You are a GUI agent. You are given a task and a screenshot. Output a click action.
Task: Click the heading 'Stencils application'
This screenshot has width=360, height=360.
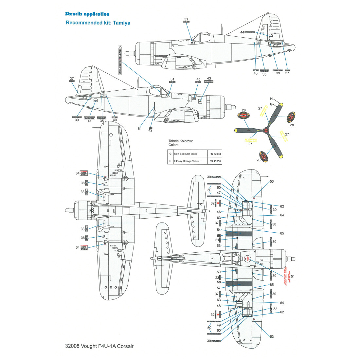(x=87, y=14)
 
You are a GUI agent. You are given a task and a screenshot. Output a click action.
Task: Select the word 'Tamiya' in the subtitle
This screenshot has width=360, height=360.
(x=122, y=23)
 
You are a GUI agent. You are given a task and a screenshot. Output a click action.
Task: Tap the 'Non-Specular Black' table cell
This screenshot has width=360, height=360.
(x=186, y=154)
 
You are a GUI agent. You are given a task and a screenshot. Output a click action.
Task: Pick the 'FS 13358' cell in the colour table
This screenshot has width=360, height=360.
(x=215, y=161)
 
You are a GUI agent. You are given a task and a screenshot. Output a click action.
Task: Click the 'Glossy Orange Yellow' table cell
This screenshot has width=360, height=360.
(x=187, y=161)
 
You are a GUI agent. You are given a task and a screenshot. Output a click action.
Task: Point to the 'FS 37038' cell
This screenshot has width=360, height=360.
(x=215, y=154)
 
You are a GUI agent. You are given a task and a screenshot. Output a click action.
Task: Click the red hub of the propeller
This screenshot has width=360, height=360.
(x=267, y=131)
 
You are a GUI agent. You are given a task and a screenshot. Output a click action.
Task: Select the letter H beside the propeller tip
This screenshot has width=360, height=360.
(x=271, y=99)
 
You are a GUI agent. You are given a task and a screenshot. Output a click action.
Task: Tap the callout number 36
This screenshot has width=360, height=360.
(x=120, y=46)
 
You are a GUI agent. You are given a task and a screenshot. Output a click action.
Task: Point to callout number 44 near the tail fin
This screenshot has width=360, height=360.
(x=242, y=32)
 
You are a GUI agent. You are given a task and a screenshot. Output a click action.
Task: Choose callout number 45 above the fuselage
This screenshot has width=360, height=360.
(x=198, y=80)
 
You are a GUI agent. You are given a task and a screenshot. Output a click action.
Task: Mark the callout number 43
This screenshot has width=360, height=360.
(x=209, y=79)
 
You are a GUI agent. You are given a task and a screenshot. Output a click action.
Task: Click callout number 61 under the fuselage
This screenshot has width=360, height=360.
(x=140, y=129)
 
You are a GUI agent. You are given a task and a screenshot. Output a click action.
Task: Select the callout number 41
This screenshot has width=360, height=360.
(x=90, y=121)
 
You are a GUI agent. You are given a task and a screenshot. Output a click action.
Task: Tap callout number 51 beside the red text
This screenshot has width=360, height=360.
(x=293, y=276)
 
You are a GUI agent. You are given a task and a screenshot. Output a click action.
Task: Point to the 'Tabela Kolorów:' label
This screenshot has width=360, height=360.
(x=180, y=141)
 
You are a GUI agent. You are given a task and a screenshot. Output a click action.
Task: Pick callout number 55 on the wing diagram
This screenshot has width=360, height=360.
(x=219, y=235)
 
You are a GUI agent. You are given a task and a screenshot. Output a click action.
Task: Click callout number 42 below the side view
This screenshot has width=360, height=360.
(x=151, y=131)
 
